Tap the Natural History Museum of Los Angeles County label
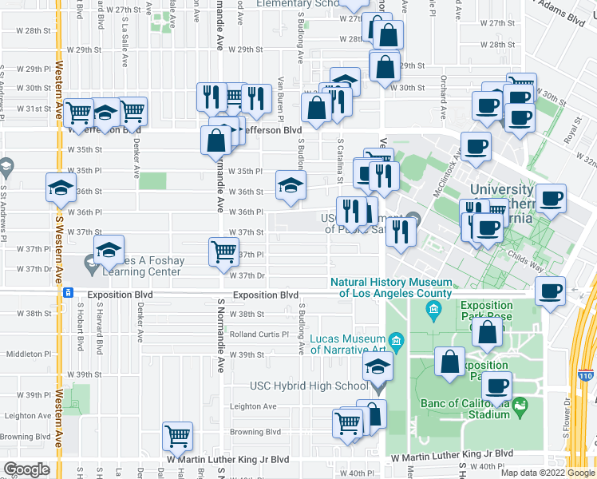point(392,287)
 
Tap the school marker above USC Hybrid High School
point(377,367)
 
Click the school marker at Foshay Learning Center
point(109,250)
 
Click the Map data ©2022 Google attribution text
point(547,473)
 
